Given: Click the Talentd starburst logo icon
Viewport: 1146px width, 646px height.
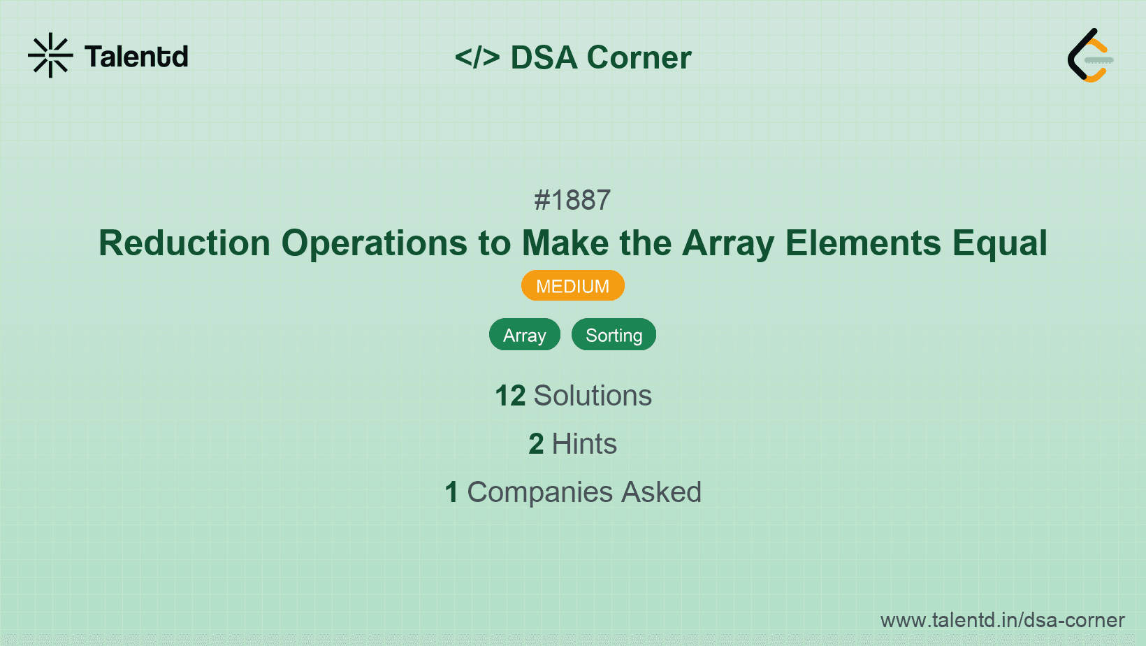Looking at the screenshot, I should pos(50,55).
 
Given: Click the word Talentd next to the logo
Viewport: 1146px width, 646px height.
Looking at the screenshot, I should pos(136,57).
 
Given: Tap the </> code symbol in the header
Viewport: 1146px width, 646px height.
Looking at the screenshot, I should pos(477,57).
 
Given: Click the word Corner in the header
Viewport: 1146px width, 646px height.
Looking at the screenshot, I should pos(639,57).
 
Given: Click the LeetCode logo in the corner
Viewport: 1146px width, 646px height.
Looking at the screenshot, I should pos(1090,55).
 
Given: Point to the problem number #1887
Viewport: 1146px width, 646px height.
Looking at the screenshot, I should pos(572,201).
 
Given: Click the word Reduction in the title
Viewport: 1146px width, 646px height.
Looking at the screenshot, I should pos(184,243).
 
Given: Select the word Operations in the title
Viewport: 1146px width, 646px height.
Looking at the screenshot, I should pos(374,243).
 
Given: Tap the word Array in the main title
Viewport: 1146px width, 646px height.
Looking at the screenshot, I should pos(727,243).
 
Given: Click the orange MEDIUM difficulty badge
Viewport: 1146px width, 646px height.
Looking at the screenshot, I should pos(572,286).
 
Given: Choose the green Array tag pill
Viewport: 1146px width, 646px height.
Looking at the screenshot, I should pos(524,335).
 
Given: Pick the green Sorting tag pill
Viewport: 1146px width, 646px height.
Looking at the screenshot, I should pos(614,335).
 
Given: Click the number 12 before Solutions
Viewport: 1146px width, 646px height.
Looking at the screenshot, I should pos(510,396).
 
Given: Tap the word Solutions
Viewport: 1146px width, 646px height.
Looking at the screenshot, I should pos(593,396).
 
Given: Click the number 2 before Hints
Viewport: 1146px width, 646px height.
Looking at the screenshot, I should pos(536,444).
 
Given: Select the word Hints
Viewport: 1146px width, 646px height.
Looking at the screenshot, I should pos(584,444).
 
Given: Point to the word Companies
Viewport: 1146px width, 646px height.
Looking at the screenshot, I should pos(540,492).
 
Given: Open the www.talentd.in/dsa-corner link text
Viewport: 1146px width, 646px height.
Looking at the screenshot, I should pos(1002,620).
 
